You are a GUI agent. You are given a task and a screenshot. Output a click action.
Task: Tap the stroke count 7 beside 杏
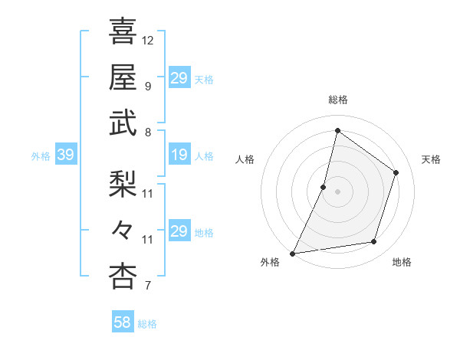[147, 286]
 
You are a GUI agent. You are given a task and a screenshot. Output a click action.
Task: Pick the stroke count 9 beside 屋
[147, 86]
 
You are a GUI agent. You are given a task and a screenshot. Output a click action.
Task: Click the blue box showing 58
[123, 323]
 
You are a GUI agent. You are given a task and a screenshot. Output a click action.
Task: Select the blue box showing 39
[66, 155]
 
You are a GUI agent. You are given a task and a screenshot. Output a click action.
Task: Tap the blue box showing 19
[179, 155]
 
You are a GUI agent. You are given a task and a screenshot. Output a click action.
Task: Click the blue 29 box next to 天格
[179, 78]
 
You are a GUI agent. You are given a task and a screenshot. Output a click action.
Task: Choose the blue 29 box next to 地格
[179, 231]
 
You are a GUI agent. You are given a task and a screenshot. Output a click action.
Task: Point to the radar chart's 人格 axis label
[245, 159]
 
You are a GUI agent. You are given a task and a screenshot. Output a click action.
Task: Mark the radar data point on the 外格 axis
[292, 254]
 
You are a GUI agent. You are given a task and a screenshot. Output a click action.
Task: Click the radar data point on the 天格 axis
[396, 172]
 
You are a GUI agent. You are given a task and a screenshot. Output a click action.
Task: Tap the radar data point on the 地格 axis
[374, 242]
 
